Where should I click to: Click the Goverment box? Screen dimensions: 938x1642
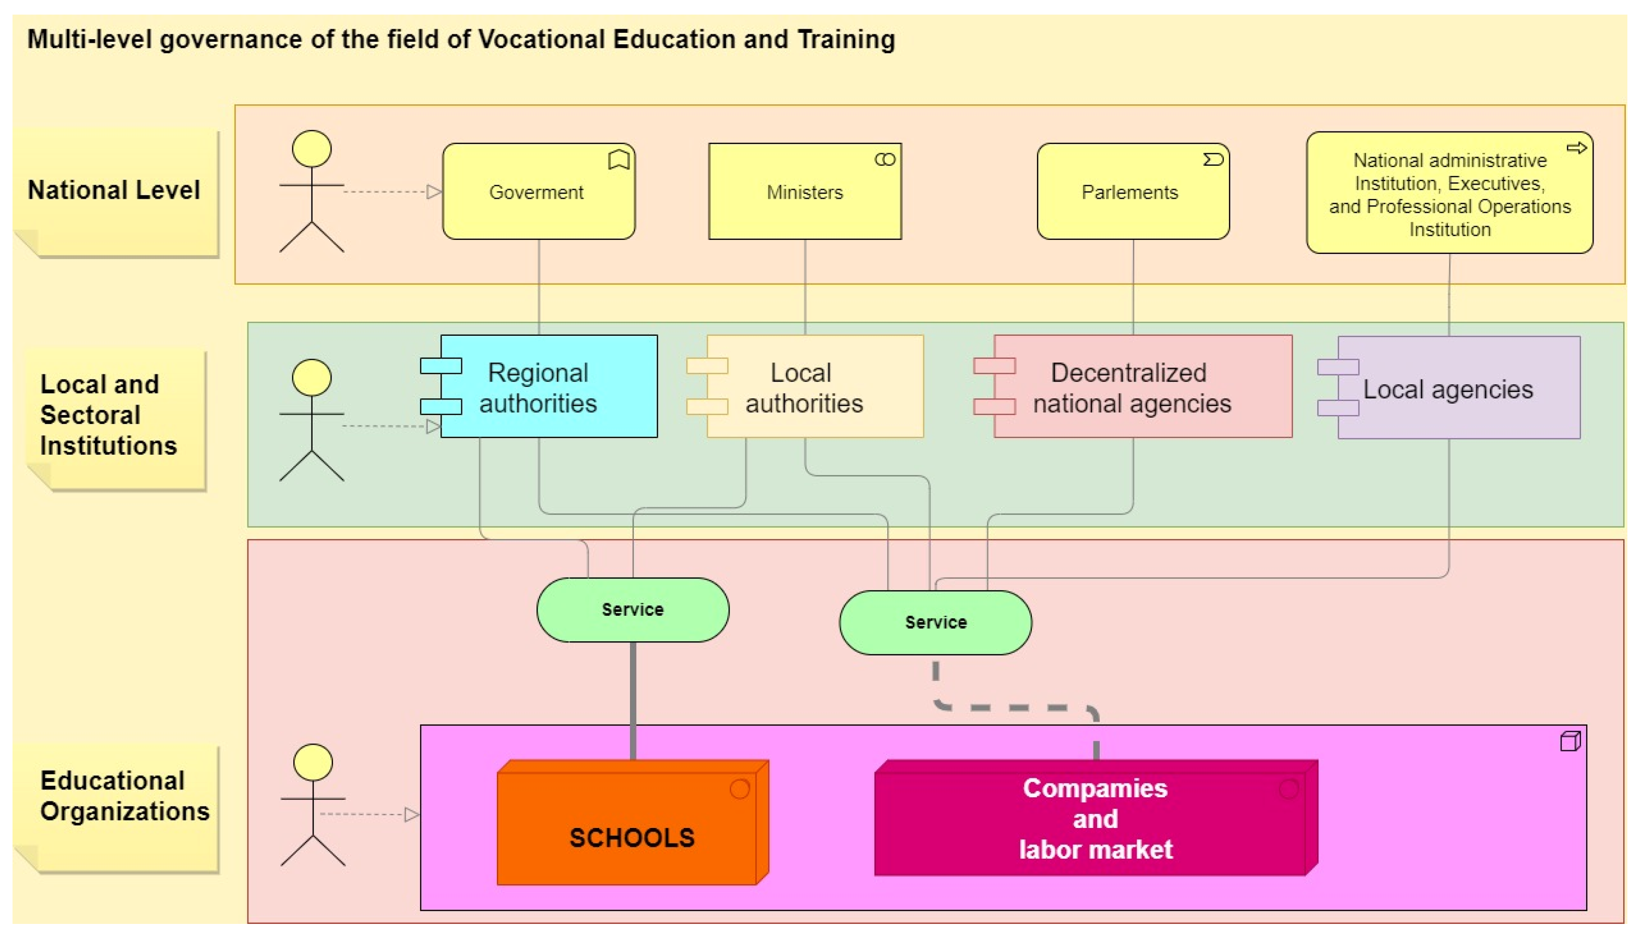tap(538, 192)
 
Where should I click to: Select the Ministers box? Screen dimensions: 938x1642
tap(805, 192)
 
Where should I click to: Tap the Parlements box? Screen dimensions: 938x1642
tap(1133, 192)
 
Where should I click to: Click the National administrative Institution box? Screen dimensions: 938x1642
tap(1449, 193)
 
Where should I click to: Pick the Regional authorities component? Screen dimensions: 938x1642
tap(548, 386)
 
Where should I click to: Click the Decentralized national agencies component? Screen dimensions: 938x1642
tap(1141, 386)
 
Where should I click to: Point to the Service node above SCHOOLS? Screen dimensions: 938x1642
tap(633, 610)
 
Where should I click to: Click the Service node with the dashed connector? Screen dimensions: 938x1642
tap(935, 623)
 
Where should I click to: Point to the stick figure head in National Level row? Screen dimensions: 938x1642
tap(312, 149)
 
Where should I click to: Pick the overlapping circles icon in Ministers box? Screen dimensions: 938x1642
tap(885, 159)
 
